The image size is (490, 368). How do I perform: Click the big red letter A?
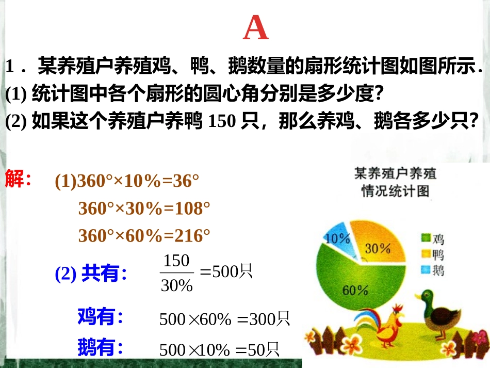pyautogui.click(x=256, y=29)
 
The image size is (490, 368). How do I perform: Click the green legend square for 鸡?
pyautogui.click(x=426, y=238)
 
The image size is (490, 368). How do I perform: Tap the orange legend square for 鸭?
pyautogui.click(x=426, y=253)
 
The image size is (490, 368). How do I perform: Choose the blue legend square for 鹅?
pyautogui.click(x=426, y=269)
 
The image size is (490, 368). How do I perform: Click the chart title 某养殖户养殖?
pyautogui.click(x=395, y=173)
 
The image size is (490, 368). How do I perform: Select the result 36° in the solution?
pyautogui.click(x=186, y=181)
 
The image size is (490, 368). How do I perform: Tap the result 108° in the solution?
pyautogui.click(x=194, y=209)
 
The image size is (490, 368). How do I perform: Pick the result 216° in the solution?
pyautogui.click(x=194, y=236)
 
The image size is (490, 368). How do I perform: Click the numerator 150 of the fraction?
pyautogui.click(x=176, y=261)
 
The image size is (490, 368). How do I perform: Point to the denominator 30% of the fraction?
pyautogui.click(x=176, y=285)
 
